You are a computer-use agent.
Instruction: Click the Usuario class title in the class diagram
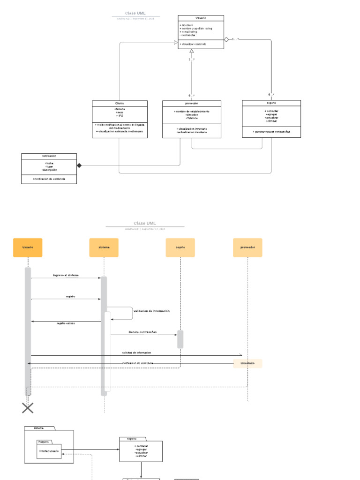point(201,18)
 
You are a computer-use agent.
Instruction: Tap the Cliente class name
point(120,103)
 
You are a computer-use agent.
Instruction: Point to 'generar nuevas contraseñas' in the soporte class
point(271,132)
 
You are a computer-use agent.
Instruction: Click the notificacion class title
point(49,156)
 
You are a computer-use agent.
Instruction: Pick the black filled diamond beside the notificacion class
point(79,165)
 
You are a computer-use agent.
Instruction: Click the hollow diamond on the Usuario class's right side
point(226,39)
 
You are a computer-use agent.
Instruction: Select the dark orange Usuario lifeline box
point(28,247)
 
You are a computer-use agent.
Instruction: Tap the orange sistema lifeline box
point(104,247)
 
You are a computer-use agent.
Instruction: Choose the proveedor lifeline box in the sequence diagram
point(247,247)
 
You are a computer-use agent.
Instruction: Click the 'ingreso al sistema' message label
point(66,275)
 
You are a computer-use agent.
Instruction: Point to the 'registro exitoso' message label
point(66,323)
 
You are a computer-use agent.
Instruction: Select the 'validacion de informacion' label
point(151,311)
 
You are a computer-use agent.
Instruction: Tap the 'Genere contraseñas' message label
point(142,332)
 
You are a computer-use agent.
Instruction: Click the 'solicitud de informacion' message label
point(136,352)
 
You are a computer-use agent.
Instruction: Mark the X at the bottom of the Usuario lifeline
point(28,408)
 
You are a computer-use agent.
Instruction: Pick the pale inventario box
point(247,363)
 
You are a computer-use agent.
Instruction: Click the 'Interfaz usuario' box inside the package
point(49,451)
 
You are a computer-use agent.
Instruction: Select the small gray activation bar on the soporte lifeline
point(180,339)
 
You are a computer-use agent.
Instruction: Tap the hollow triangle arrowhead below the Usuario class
point(191,51)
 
